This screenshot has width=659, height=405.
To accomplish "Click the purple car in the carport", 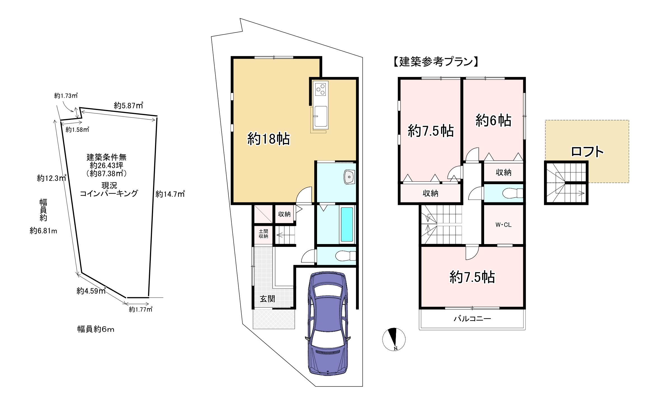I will [x=328, y=323].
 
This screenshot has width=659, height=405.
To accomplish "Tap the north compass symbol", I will [x=394, y=339].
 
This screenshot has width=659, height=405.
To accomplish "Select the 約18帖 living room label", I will [x=268, y=139].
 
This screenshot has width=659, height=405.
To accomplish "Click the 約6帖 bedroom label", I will [x=493, y=121].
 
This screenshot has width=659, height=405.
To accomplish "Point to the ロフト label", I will [x=587, y=152].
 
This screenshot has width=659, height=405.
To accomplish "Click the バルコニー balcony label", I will [x=472, y=319].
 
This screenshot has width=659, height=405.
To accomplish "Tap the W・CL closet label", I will [x=503, y=225].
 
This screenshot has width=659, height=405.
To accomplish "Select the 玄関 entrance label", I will [x=267, y=299].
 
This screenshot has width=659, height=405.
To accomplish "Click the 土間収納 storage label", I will [x=263, y=234].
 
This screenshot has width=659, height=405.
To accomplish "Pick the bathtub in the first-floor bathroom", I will [x=347, y=224].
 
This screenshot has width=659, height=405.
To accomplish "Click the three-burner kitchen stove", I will [x=321, y=89].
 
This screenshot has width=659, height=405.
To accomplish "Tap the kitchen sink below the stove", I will [x=321, y=116].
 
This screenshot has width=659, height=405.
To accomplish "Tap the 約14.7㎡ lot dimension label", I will [x=170, y=194].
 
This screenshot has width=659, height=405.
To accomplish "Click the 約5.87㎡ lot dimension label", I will [x=128, y=106].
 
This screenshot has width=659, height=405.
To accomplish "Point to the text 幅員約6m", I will [x=96, y=329].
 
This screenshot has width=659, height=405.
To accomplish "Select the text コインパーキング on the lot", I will [x=109, y=193].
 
